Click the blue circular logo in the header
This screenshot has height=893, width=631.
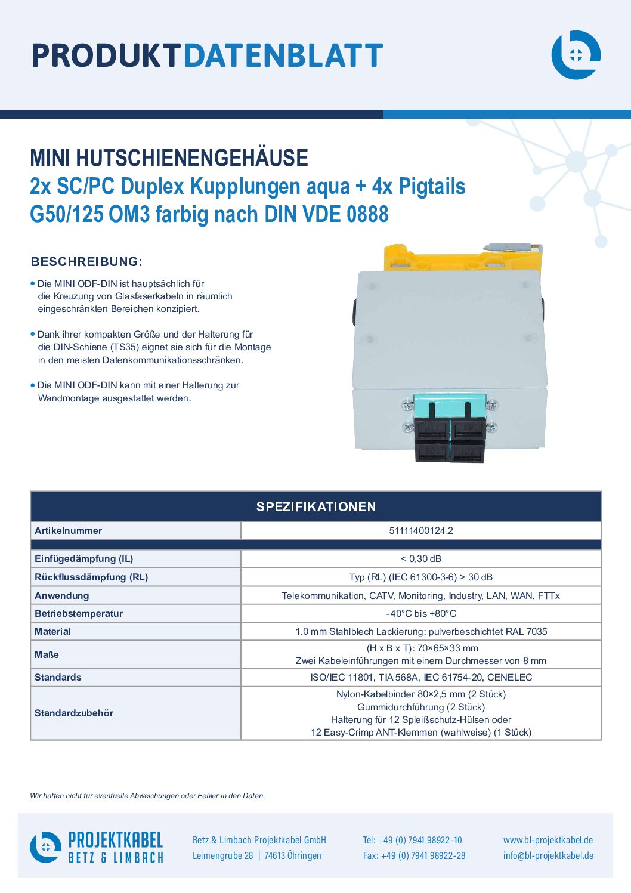click(x=576, y=55)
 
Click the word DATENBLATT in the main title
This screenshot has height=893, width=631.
click(x=283, y=55)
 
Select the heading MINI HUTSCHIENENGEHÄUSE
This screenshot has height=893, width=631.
click(x=169, y=157)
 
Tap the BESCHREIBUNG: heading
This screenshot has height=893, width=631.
click(x=86, y=262)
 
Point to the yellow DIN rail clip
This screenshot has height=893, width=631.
click(x=462, y=258)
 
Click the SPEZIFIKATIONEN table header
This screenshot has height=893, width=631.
click(x=316, y=506)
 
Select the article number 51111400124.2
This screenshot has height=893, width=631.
click(x=421, y=531)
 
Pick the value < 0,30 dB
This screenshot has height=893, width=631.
click(x=421, y=558)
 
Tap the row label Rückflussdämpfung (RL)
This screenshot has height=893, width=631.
click(x=91, y=577)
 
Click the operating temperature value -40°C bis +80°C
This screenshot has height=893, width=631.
click(x=421, y=613)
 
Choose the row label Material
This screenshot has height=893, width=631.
click(x=52, y=632)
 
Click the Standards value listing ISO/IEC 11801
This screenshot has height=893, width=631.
click(x=421, y=677)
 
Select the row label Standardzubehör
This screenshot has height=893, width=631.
click(x=74, y=713)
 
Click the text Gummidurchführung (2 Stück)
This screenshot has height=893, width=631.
click(x=421, y=707)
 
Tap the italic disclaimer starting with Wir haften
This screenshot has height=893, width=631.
click(x=147, y=796)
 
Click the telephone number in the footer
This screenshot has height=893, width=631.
click(x=412, y=840)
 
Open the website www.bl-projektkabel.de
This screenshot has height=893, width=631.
click(x=548, y=840)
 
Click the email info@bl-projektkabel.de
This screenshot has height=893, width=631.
click(x=548, y=855)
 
